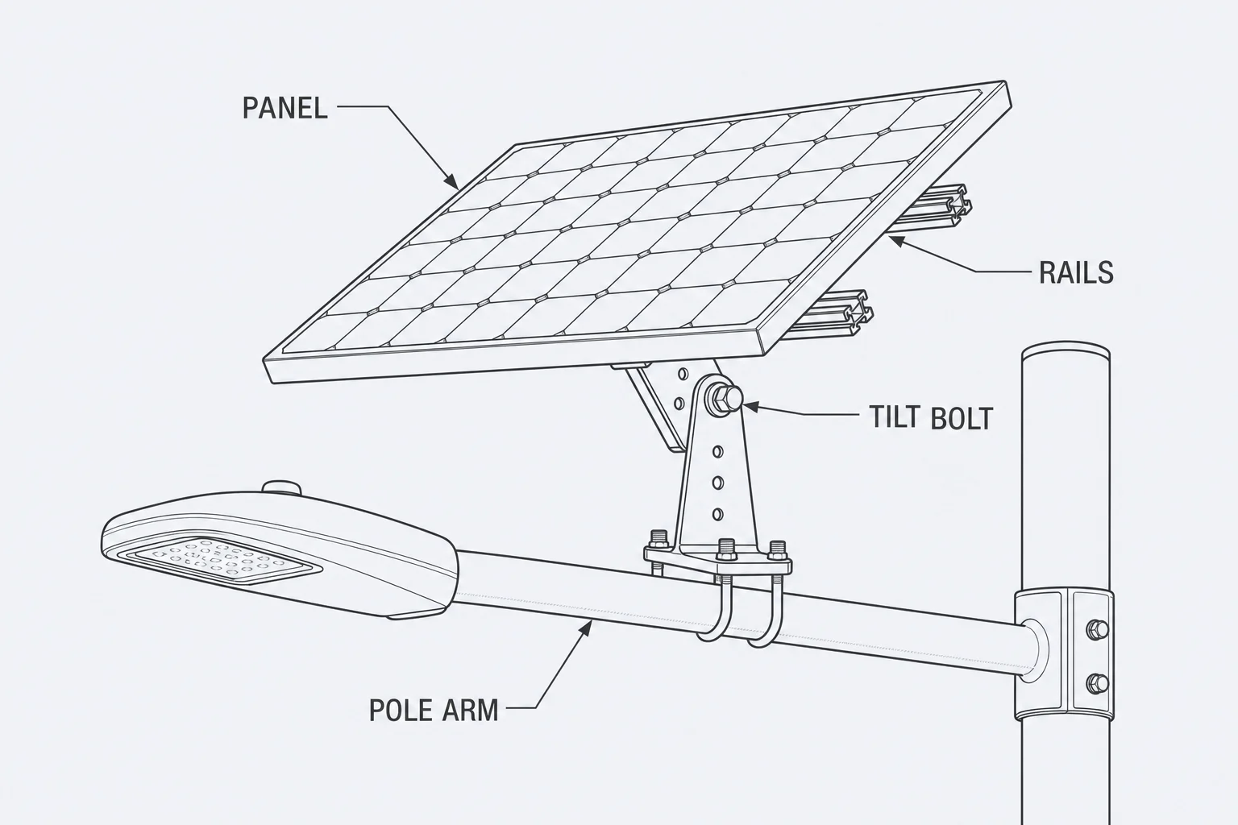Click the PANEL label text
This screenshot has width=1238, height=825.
pyautogui.click(x=285, y=108)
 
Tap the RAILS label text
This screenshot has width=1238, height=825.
pyautogui.click(x=1076, y=272)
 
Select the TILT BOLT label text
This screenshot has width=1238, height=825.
pyautogui.click(x=931, y=417)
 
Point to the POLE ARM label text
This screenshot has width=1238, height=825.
pyautogui.click(x=434, y=710)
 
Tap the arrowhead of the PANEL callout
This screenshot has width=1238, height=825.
pyautogui.click(x=451, y=181)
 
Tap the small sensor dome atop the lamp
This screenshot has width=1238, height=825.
pyautogui.click(x=282, y=488)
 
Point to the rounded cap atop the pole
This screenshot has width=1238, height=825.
pyautogui.click(x=1066, y=352)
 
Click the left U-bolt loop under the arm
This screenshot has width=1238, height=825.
pyautogui.click(x=714, y=613)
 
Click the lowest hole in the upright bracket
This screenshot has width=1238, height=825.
pyautogui.click(x=718, y=515)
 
